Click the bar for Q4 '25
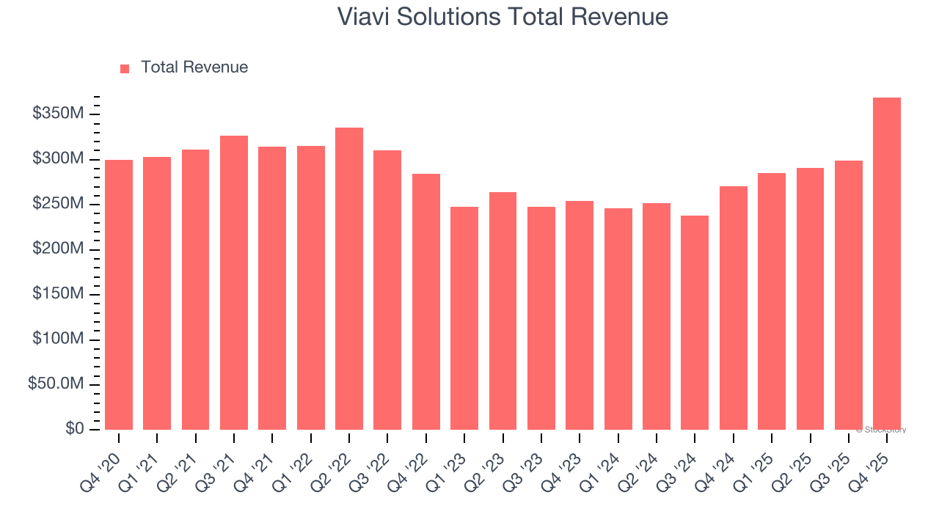[x=886, y=263]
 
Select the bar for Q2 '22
[x=349, y=279]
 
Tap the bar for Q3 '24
[x=695, y=323]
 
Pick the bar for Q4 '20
[x=119, y=295]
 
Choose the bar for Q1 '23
[x=464, y=318]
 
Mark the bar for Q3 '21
[x=234, y=282]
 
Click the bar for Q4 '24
[x=733, y=308]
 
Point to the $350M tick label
[x=58, y=114]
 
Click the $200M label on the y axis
[x=58, y=249]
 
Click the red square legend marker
[x=125, y=68]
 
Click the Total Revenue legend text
[x=194, y=67]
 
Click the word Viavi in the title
[x=364, y=17]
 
